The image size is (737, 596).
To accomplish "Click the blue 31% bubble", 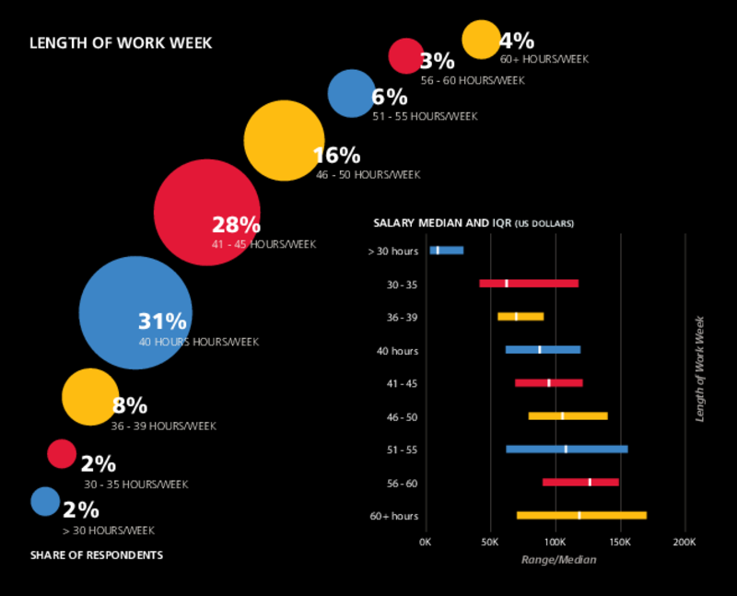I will click(x=135, y=312).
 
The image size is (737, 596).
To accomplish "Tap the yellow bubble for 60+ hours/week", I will click(x=480, y=39).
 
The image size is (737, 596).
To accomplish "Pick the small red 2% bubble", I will click(x=62, y=453).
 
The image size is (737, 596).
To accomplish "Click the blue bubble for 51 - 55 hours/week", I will click(x=352, y=93).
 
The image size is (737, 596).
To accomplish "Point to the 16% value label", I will click(x=337, y=155).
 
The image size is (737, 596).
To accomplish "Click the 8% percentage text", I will click(x=129, y=405).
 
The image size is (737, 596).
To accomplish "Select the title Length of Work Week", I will click(x=121, y=42).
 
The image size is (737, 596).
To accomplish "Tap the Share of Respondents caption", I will click(x=97, y=555).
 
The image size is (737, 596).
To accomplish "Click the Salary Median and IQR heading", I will click(x=473, y=223).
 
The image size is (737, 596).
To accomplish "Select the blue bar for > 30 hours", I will click(x=447, y=250).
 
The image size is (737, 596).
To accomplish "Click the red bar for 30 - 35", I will click(x=529, y=283).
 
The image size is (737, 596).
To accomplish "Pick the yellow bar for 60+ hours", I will click(x=581, y=515).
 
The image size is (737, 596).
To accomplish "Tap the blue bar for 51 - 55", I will click(x=567, y=449).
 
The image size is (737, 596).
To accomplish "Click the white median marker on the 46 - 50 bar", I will click(x=562, y=415).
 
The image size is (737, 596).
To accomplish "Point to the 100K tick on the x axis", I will click(x=555, y=541).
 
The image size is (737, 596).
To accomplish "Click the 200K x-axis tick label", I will click(x=684, y=541).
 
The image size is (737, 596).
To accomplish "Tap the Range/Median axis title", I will click(x=558, y=559).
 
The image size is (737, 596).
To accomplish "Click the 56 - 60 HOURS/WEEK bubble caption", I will click(x=473, y=80).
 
